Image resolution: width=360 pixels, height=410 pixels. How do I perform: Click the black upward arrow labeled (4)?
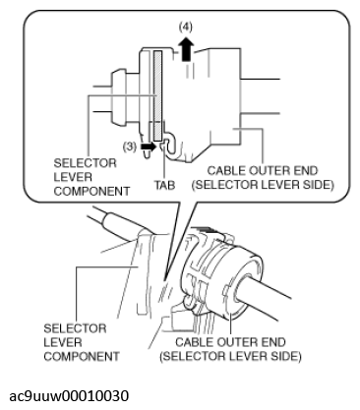click(186, 48)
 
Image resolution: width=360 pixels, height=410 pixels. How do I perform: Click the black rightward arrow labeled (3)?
click(149, 146)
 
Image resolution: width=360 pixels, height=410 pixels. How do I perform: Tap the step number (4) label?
click(186, 28)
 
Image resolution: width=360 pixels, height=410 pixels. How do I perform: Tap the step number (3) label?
click(130, 146)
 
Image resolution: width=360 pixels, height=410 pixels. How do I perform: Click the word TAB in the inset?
click(165, 186)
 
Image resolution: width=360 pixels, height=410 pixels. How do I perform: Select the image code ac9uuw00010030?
click(69, 395)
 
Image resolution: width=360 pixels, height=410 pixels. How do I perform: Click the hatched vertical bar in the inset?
click(157, 95)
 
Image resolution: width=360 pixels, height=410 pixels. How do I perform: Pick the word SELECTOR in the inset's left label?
click(86, 163)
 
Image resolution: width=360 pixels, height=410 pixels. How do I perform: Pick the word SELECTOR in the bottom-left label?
click(75, 328)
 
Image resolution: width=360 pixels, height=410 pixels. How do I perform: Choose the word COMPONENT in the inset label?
click(91, 191)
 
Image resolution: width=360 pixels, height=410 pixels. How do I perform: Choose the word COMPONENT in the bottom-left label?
click(82, 357)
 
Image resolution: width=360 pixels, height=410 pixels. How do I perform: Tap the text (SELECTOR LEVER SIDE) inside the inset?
click(263, 185)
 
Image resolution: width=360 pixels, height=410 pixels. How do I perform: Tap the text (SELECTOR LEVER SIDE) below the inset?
click(230, 356)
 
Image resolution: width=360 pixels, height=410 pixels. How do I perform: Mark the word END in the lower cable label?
click(273, 342)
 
